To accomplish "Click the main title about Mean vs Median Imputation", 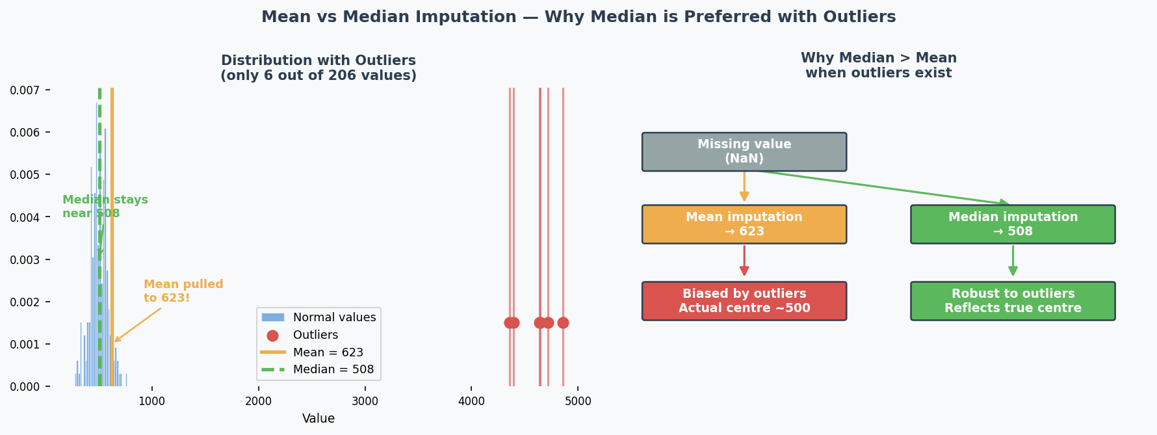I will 578,17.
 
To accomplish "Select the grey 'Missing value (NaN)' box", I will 744,152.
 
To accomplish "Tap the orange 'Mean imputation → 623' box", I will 744,224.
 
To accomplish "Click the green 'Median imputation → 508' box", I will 1012,224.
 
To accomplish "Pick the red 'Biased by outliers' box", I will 744,300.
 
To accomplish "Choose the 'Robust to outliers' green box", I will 1012,300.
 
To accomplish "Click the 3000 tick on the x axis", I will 365,401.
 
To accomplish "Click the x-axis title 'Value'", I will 318,419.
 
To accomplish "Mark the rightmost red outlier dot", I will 563,323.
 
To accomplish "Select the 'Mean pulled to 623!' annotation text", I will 183,291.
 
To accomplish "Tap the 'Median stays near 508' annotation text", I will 105,207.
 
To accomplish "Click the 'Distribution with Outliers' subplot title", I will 318,68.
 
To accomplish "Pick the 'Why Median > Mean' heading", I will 878,66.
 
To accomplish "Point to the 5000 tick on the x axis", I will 578,401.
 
